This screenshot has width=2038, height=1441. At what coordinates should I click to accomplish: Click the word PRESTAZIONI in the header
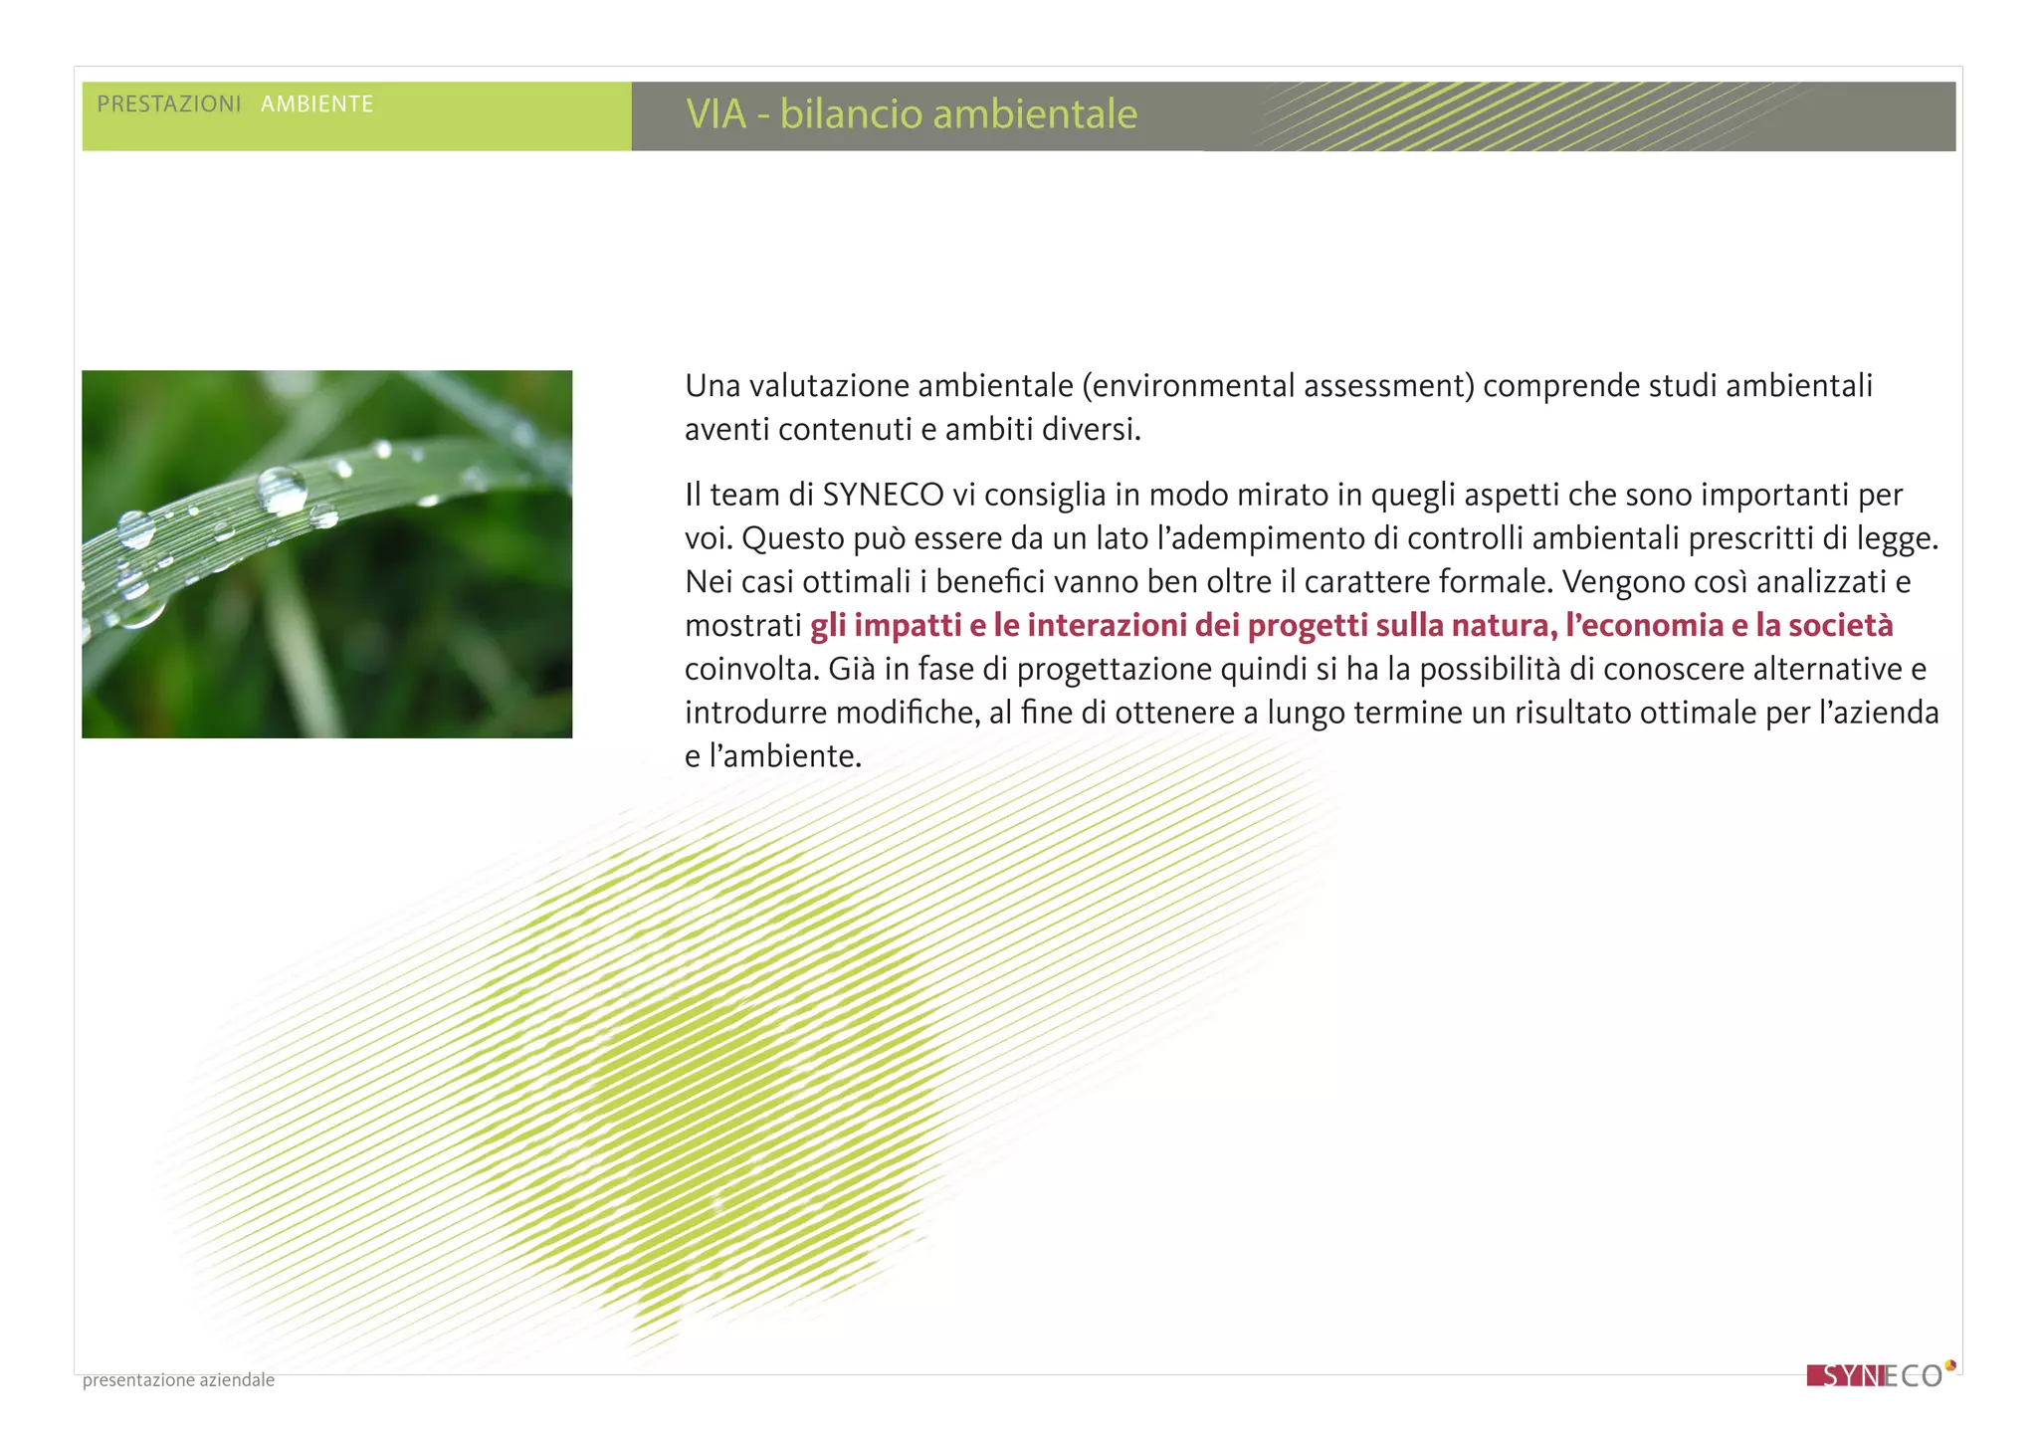point(169,104)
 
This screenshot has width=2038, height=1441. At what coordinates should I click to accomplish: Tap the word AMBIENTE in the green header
point(316,104)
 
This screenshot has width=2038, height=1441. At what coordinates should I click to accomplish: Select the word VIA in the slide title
point(715,114)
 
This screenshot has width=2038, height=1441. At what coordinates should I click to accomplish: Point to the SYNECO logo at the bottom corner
point(1879,1376)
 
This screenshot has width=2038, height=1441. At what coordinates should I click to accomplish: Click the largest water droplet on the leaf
point(282,490)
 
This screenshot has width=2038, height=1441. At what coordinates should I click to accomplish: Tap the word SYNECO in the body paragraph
point(883,495)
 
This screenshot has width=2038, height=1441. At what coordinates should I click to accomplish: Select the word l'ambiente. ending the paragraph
point(785,756)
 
